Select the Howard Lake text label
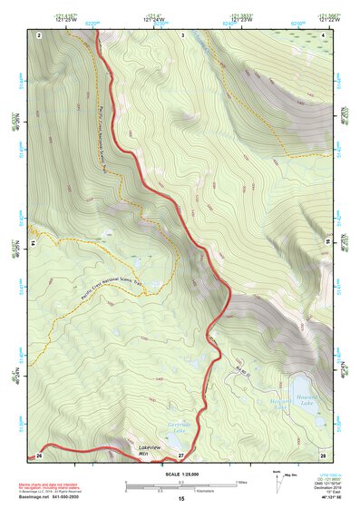(283, 404)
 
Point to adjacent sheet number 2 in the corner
(40, 34)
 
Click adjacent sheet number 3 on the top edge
(182, 34)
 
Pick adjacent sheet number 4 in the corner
(324, 34)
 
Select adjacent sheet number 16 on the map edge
(327, 243)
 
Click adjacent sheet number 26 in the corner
(39, 454)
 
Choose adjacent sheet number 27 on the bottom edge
(181, 454)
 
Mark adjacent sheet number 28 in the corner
(323, 454)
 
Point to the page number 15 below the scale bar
(181, 499)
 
